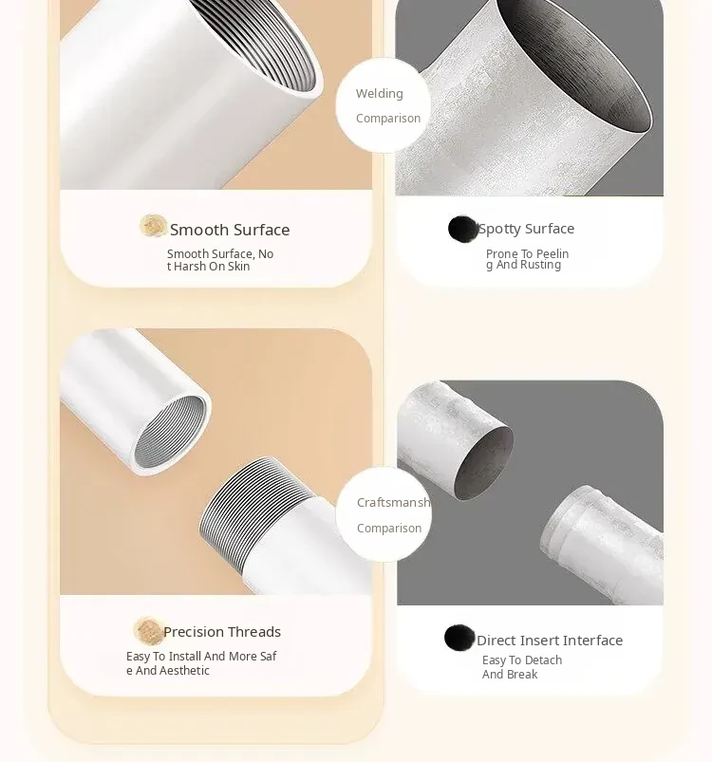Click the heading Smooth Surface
[230, 230]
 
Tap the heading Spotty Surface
[526, 229]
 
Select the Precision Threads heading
[222, 632]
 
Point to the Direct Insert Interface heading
[550, 640]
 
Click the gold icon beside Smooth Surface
[153, 226]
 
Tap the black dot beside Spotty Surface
[462, 229]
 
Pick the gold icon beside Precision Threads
[148, 630]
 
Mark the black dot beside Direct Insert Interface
[459, 638]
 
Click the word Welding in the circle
[380, 94]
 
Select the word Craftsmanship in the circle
[394, 503]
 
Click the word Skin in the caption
[238, 267]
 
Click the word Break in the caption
[523, 675]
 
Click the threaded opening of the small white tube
[170, 433]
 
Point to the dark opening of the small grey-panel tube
[484, 463]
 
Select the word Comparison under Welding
[388, 119]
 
